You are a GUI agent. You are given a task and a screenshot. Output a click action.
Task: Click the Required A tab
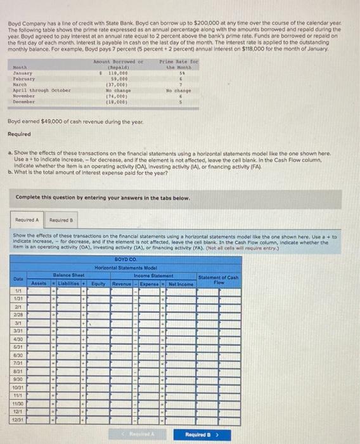pos(27,219)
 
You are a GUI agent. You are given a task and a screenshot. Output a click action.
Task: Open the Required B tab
pos(59,219)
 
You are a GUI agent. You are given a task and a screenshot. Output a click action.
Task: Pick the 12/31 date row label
pos(19,419)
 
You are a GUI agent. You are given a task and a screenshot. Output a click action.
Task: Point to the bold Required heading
pos(19,134)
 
